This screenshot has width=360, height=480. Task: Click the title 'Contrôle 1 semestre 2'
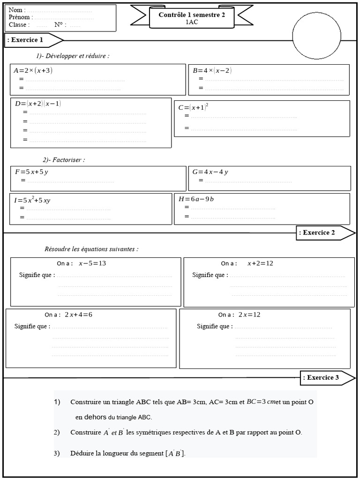[x=192, y=15]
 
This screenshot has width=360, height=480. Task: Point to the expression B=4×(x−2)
[x=212, y=71]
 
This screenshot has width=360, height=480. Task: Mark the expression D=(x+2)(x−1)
[x=38, y=104]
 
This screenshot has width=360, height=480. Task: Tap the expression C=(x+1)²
[x=193, y=107]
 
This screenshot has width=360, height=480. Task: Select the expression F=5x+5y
[x=32, y=172]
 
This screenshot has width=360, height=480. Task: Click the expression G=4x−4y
[x=210, y=172]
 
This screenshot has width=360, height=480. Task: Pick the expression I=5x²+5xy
[x=32, y=200]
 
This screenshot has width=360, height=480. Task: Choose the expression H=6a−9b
[x=196, y=199]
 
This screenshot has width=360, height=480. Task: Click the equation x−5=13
[x=92, y=263]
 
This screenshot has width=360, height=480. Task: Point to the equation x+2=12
[x=260, y=263]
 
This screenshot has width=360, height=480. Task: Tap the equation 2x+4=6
[x=78, y=315]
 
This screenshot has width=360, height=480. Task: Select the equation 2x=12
[x=249, y=315]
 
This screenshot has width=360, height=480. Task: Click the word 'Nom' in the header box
[x=15, y=10]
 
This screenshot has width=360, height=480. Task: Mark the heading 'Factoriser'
[x=70, y=160]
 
